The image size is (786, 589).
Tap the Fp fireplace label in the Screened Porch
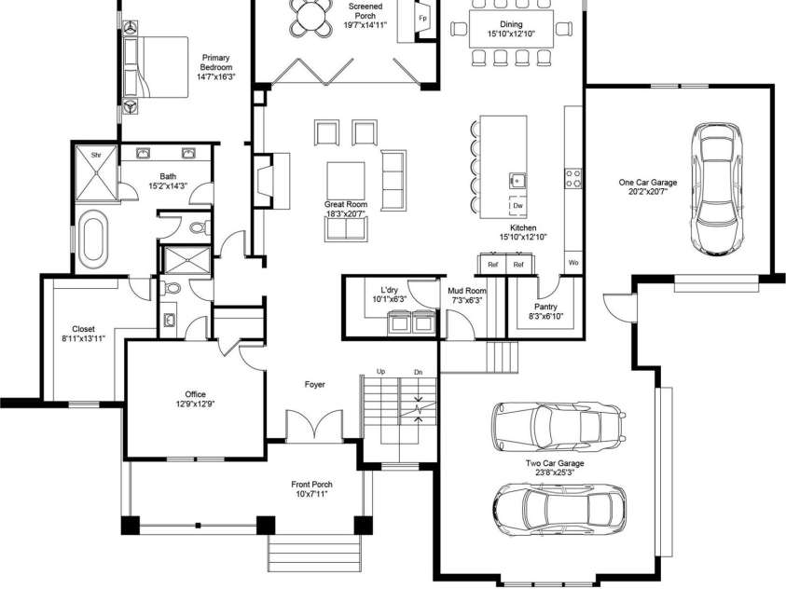pos(422,19)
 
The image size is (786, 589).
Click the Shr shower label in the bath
pos(95,155)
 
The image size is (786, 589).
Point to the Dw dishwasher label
pos(517,205)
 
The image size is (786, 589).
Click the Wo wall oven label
pos(573,264)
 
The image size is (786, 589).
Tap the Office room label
pos(195,394)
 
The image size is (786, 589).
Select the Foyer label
pos(315,385)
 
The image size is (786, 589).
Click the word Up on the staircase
pos(380,372)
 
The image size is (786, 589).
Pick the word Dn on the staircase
pos(418,372)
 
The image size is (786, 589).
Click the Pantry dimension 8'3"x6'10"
pos(545,318)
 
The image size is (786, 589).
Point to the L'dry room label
pos(390,290)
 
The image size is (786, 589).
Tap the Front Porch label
pos(311,485)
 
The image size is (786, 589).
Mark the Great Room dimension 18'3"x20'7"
pos(346,214)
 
